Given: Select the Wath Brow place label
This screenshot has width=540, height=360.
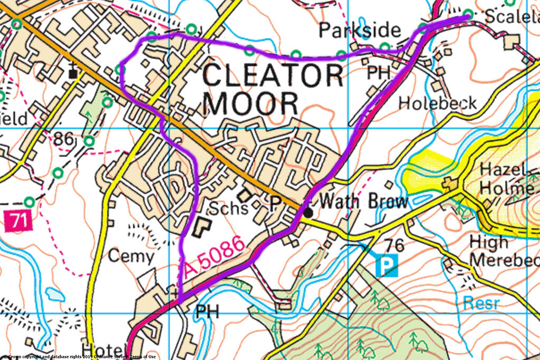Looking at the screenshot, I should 364,201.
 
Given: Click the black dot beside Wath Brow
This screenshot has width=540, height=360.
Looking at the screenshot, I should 307,212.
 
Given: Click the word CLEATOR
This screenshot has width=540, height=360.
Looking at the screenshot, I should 273,76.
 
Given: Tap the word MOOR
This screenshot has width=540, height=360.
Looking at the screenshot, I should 250,103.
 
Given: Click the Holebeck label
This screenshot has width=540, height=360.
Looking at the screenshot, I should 437,103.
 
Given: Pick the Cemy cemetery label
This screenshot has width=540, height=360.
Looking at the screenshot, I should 131,257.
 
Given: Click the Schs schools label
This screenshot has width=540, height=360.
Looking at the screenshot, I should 228,208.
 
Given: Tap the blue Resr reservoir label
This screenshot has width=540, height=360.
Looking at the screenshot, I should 481,302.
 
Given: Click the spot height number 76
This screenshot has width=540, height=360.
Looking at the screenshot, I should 398,245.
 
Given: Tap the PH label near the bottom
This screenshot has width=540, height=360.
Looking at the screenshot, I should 207,311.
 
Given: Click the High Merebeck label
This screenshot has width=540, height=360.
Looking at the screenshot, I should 504,251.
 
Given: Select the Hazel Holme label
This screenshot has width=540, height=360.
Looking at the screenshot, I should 506,179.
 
